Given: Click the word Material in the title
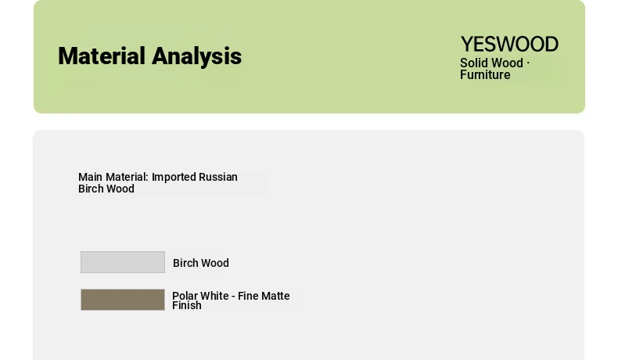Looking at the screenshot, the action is coord(102,56).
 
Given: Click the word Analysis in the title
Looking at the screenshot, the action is coord(196,57).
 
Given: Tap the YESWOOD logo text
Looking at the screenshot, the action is coord(509,44).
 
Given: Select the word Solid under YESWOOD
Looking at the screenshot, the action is coord(472,63).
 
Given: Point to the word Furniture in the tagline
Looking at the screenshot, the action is coord(485,75).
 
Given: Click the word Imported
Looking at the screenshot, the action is coord(174,178).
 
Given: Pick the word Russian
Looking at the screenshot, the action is coord(218,177).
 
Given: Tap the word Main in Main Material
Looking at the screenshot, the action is coord(90,177).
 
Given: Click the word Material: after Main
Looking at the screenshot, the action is coord(127,177).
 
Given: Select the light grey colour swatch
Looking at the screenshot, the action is coord(123,262).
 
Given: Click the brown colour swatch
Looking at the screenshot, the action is coord(123,300).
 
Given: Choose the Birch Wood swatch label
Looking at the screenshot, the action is coord(201,263).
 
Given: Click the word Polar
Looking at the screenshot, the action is coord(185,296).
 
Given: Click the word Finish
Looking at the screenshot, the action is coord(187,305).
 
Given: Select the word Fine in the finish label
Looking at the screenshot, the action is coord(247,296).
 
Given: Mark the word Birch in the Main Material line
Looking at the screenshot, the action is coord(91,189).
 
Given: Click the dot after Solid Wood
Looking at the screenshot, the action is coord(528,63).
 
